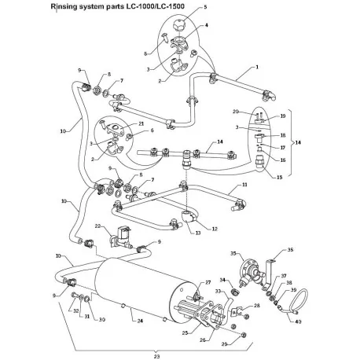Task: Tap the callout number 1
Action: pos(255,68)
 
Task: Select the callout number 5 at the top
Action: pos(182,6)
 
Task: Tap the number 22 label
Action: pos(98,226)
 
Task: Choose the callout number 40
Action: pos(299,331)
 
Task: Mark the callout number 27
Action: pos(209,282)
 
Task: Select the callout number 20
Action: pos(236,112)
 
